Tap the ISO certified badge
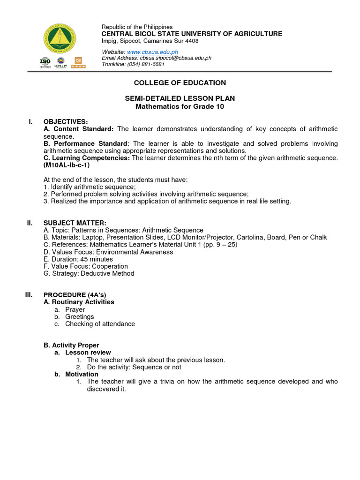coord(45,62)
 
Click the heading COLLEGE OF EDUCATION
coord(180,83)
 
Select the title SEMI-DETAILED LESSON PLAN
coord(180,98)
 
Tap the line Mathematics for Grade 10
coord(180,106)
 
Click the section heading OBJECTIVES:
coord(66,122)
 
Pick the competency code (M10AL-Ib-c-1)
coord(66,165)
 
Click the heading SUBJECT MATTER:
coord(75,223)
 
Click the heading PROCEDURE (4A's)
coord(75,295)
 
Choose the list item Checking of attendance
coord(100,324)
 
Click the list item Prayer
coord(75,310)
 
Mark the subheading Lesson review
coord(88,352)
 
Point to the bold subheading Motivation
coord(82,374)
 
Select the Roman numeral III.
coord(29,295)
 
